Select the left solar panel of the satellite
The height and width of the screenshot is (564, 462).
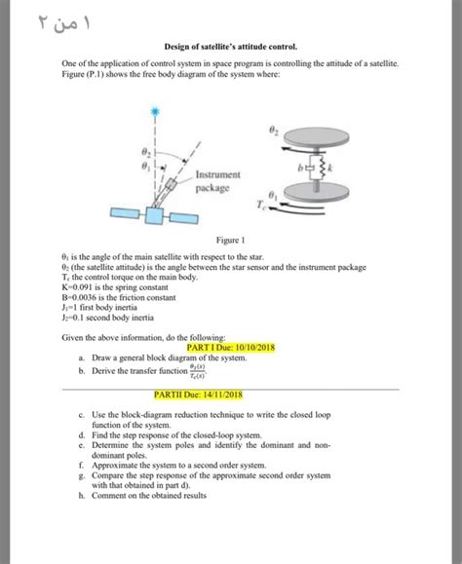(x=123, y=213)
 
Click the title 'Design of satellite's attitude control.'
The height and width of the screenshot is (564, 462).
(x=230, y=46)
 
